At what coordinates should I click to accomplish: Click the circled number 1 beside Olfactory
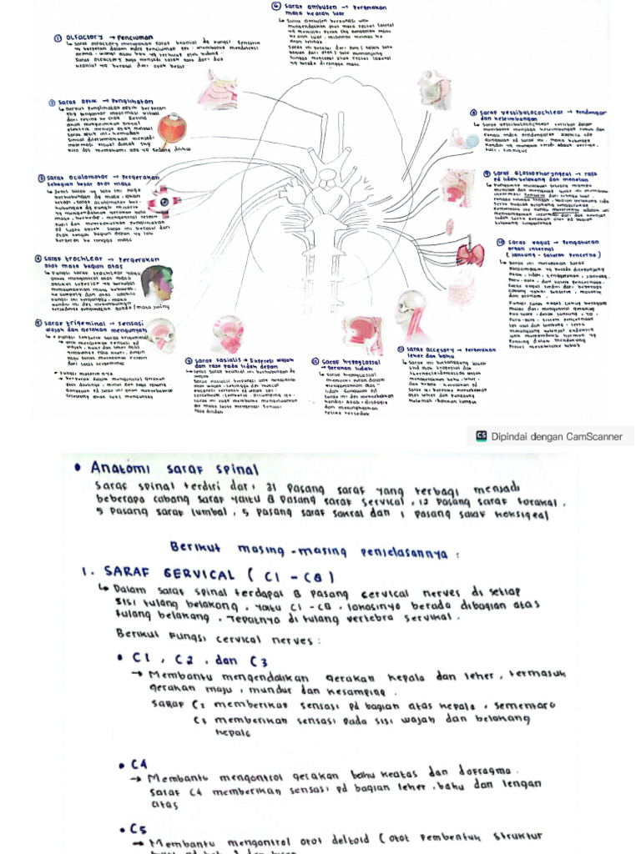click(x=58, y=38)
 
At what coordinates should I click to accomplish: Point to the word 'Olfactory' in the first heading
click(x=86, y=38)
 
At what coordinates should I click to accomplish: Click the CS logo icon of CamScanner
click(x=481, y=435)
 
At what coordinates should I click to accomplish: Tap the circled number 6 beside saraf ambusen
click(x=275, y=6)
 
